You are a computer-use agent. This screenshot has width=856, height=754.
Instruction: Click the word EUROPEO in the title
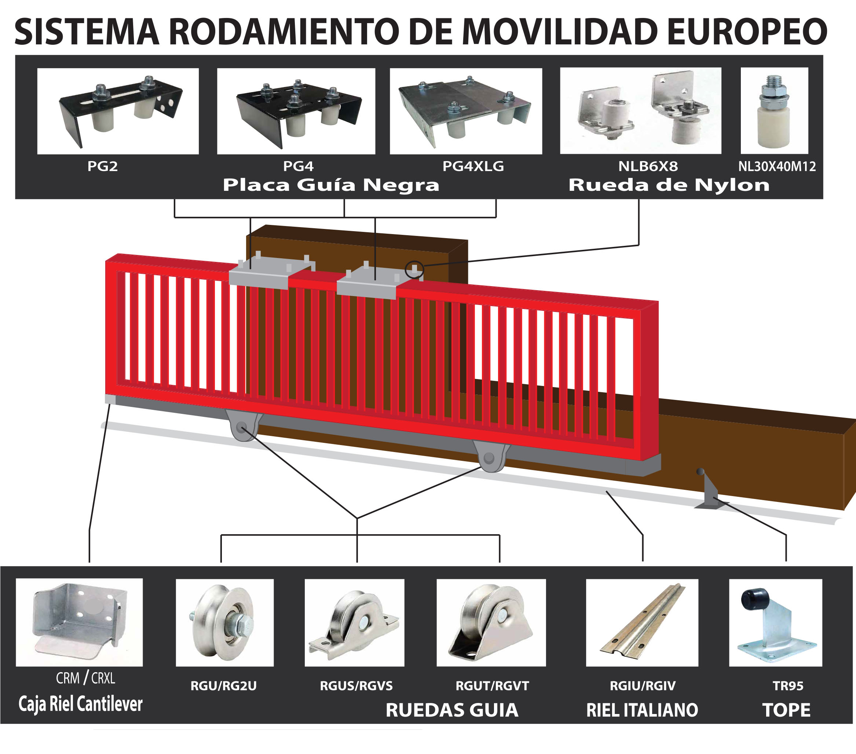pos(747,32)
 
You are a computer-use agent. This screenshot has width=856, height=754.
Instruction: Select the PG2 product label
pos(102,166)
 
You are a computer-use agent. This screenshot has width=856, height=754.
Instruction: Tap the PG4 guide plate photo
pos(296,111)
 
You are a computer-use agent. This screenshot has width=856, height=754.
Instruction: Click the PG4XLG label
pos(473,166)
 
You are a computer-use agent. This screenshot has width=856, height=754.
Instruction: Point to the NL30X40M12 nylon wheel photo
pos(774,111)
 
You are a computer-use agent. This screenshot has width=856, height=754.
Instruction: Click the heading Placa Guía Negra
pos(331,185)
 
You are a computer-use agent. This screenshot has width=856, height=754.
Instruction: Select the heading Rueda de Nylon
pos(669,185)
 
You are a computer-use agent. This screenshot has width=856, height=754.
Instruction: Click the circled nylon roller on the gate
pos(414,269)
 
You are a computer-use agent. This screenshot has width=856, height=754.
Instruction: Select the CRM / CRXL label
pos(85,678)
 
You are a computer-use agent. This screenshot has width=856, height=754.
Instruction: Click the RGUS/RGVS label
pos(356,686)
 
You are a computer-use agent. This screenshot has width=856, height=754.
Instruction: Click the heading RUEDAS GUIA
pos(451,710)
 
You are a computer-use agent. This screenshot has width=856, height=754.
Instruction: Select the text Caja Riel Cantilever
pos(80,704)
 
